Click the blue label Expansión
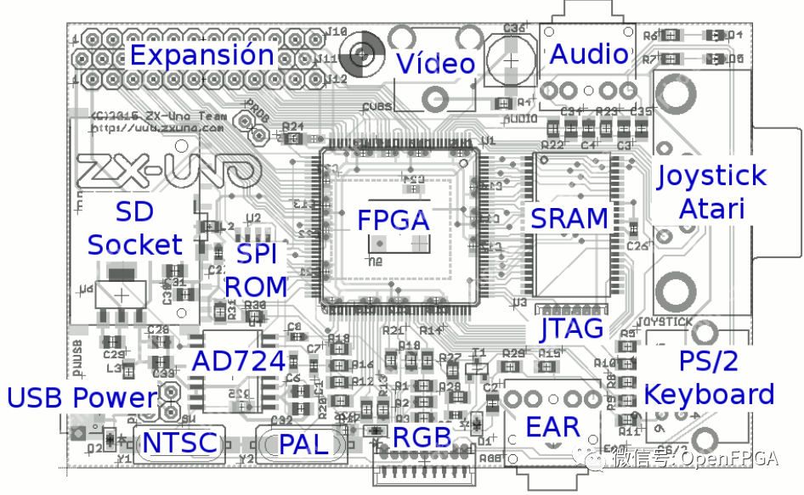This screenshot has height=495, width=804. pos(201,56)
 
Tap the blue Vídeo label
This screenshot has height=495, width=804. pos(435,63)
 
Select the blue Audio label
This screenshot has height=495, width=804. pos(589,54)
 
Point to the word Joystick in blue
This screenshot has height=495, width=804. pos(711,177)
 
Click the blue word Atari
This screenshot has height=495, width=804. pos(711,208)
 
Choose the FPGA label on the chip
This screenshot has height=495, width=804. pos(393,220)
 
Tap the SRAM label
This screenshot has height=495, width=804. pos(569,218)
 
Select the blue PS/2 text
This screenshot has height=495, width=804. pos(709,361)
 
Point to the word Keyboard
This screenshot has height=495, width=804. pos(709,394)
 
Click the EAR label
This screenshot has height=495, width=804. pos(552,427)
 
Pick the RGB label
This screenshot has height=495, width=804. pos(422,439)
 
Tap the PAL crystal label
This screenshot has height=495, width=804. pos(303,443)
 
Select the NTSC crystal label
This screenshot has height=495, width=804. pos(179,443)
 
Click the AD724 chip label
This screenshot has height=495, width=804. pos(238,361)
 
